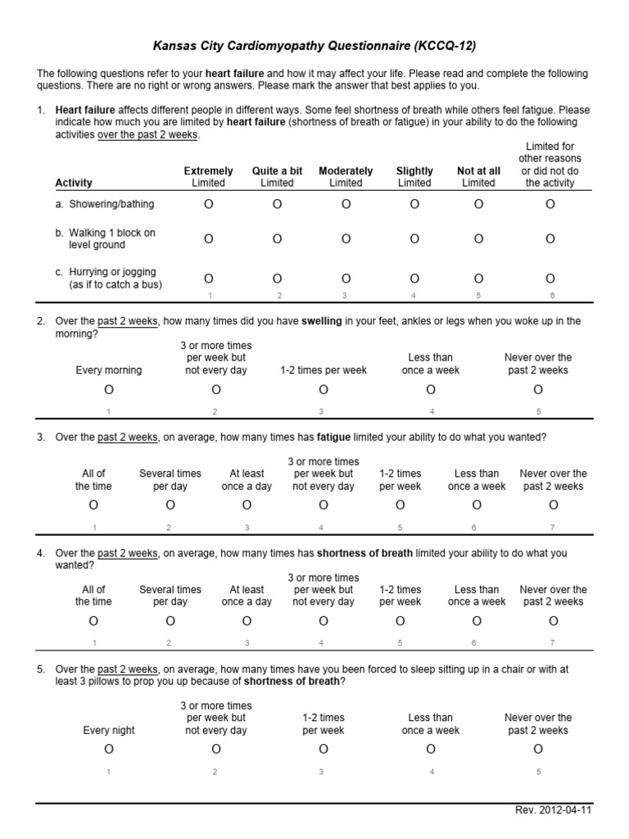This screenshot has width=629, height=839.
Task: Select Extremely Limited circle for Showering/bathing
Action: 208,204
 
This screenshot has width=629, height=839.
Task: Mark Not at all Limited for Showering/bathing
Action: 478,204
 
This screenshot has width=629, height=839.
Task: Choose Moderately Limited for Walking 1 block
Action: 346,238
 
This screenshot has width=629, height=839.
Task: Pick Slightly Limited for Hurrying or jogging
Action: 414,279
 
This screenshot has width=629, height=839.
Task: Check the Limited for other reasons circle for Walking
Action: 550,238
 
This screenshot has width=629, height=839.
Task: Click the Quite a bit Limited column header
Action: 277,177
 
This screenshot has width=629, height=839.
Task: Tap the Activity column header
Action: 74,183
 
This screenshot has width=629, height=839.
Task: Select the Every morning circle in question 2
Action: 109,389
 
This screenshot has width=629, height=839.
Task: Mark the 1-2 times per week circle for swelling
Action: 324,389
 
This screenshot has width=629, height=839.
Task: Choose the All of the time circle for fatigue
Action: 93,505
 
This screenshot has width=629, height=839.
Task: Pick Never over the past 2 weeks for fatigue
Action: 554,505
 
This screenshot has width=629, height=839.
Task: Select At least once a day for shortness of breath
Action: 247,620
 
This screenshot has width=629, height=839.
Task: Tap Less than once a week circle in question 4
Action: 477,620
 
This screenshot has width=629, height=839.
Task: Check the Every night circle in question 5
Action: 109,749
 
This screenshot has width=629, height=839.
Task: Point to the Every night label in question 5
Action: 109,730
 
